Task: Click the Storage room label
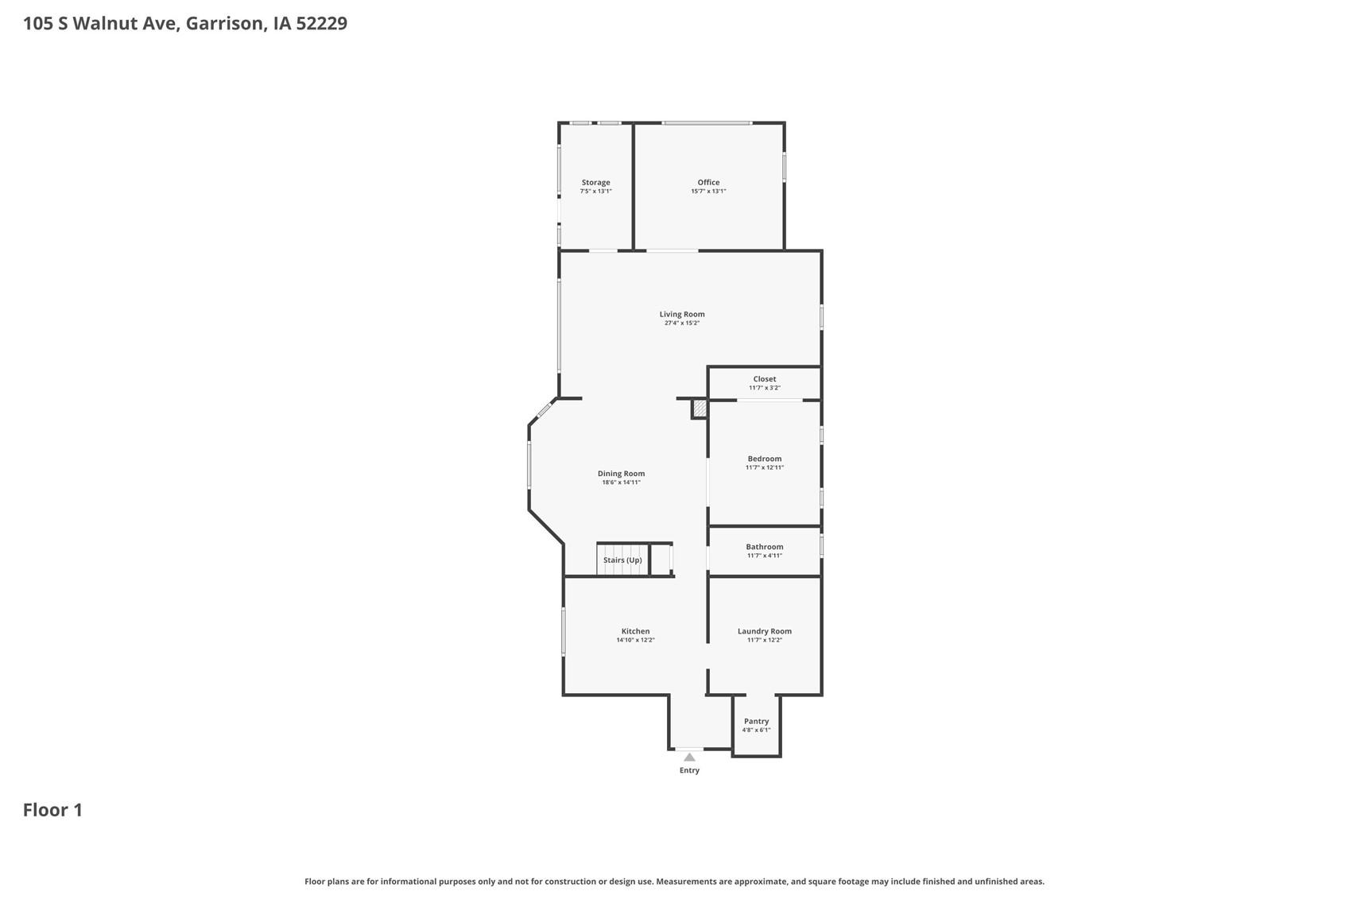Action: (595, 182)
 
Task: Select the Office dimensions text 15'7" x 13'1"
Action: (708, 192)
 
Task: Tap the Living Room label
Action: (682, 314)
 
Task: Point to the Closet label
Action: (765, 379)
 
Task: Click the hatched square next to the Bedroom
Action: (700, 409)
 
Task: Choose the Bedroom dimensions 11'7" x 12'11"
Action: (765, 467)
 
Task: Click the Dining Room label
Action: (621, 474)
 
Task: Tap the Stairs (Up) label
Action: (622, 560)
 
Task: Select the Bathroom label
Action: (765, 547)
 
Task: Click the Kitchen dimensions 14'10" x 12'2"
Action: (635, 640)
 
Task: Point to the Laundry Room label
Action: (765, 631)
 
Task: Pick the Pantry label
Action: (756, 722)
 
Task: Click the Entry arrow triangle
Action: (689, 758)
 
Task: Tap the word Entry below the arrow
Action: (689, 770)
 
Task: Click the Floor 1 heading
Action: (52, 810)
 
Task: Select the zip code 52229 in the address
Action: (321, 23)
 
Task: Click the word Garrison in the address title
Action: (223, 23)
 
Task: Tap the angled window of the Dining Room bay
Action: (545, 411)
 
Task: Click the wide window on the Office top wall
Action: (707, 123)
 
